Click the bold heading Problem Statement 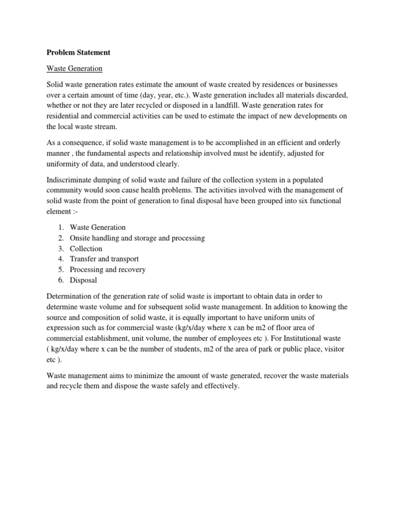[x=78, y=52]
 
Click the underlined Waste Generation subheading [x=75, y=68]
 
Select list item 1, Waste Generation [x=97, y=227]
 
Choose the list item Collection [x=86, y=249]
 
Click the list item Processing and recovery [x=108, y=269]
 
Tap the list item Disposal [x=84, y=280]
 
